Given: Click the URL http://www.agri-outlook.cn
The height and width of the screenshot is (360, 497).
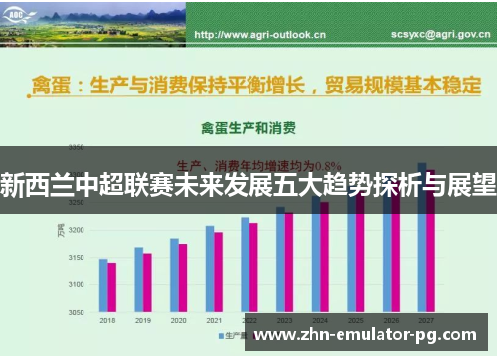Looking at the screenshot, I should coord(260,34).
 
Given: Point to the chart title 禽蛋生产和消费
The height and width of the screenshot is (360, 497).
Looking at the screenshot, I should coord(248,128).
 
